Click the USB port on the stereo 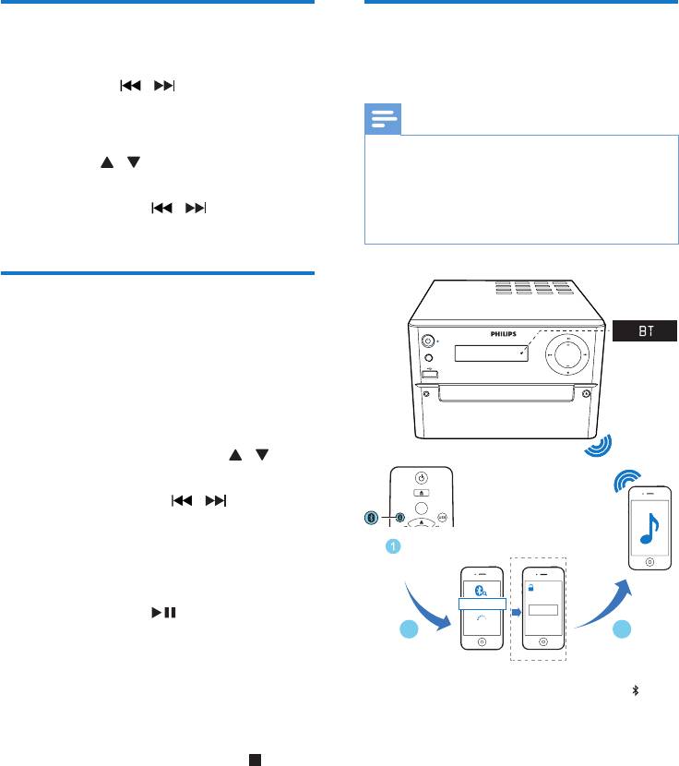(430, 373)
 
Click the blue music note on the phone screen (650, 530)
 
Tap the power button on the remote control (421, 477)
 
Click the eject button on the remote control (421, 496)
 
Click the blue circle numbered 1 (392, 547)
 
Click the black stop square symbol (251, 735)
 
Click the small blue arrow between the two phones (517, 610)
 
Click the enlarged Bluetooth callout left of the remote (371, 517)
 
